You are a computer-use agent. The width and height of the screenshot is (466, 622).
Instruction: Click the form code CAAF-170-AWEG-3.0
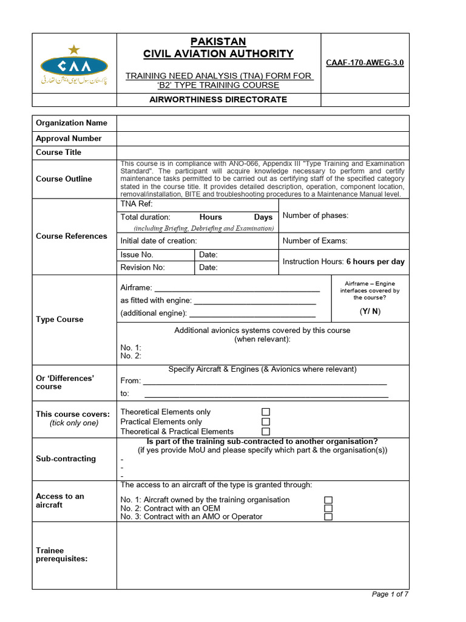[x=365, y=63]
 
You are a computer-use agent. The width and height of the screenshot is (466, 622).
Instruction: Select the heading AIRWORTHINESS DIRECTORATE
[x=218, y=100]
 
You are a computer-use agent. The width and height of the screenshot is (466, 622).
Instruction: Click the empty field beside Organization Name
[x=263, y=123]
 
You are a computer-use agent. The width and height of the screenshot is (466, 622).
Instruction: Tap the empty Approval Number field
[x=263, y=138]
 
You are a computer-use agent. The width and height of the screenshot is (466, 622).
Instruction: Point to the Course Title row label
[x=58, y=152]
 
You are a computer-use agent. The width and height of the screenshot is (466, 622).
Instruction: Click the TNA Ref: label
[x=132, y=204]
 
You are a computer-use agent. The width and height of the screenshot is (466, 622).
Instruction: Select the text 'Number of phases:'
[x=316, y=216]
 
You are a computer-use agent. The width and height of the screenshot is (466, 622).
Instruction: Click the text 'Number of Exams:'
[x=315, y=241]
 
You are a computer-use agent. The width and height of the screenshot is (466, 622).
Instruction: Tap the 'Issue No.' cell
[x=137, y=255]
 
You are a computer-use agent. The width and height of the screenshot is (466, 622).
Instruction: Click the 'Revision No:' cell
[x=143, y=268]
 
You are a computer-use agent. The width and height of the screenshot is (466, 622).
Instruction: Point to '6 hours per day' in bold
[x=375, y=262]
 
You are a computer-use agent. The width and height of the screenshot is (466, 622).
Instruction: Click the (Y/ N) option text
[x=370, y=312]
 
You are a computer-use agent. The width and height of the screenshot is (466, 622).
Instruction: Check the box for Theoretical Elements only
[x=266, y=412]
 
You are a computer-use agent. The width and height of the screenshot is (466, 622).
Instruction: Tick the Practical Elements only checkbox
[x=266, y=422]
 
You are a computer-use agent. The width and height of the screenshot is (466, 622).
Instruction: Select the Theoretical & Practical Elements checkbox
[x=266, y=431]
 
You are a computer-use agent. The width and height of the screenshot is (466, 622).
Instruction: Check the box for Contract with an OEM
[x=328, y=508]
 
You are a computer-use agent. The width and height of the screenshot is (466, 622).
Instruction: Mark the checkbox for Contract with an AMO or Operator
[x=328, y=517]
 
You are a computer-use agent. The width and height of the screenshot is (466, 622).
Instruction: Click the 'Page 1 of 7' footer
[x=390, y=594]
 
